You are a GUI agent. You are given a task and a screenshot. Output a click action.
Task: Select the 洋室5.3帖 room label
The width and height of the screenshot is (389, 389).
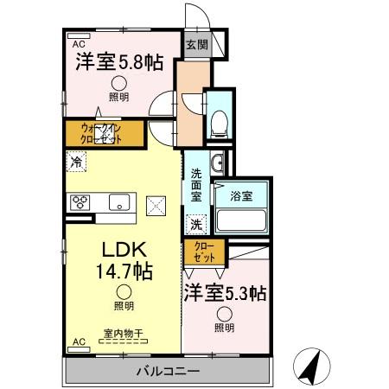click(224, 293)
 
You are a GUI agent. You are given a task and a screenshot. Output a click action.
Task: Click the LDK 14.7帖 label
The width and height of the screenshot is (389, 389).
click(124, 258)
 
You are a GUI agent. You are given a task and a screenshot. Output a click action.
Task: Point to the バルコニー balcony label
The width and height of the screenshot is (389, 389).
click(168, 372)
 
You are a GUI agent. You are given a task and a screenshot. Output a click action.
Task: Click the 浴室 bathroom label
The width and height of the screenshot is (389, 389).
click(241, 197)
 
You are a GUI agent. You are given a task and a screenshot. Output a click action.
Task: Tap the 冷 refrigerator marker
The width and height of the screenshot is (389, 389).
click(78, 161)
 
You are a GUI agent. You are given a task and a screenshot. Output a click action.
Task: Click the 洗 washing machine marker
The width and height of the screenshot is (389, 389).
click(197, 223)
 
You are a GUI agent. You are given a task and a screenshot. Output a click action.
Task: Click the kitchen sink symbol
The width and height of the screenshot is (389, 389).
click(118, 203)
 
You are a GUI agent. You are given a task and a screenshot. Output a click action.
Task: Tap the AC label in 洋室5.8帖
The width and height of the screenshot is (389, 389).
click(78, 42)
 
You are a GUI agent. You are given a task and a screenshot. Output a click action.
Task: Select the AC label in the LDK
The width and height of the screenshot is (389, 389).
click(78, 342)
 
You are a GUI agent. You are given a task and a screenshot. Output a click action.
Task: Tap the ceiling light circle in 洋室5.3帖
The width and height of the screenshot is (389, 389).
click(224, 314)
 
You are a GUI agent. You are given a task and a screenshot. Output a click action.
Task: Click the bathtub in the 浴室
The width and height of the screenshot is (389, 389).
click(241, 220)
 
